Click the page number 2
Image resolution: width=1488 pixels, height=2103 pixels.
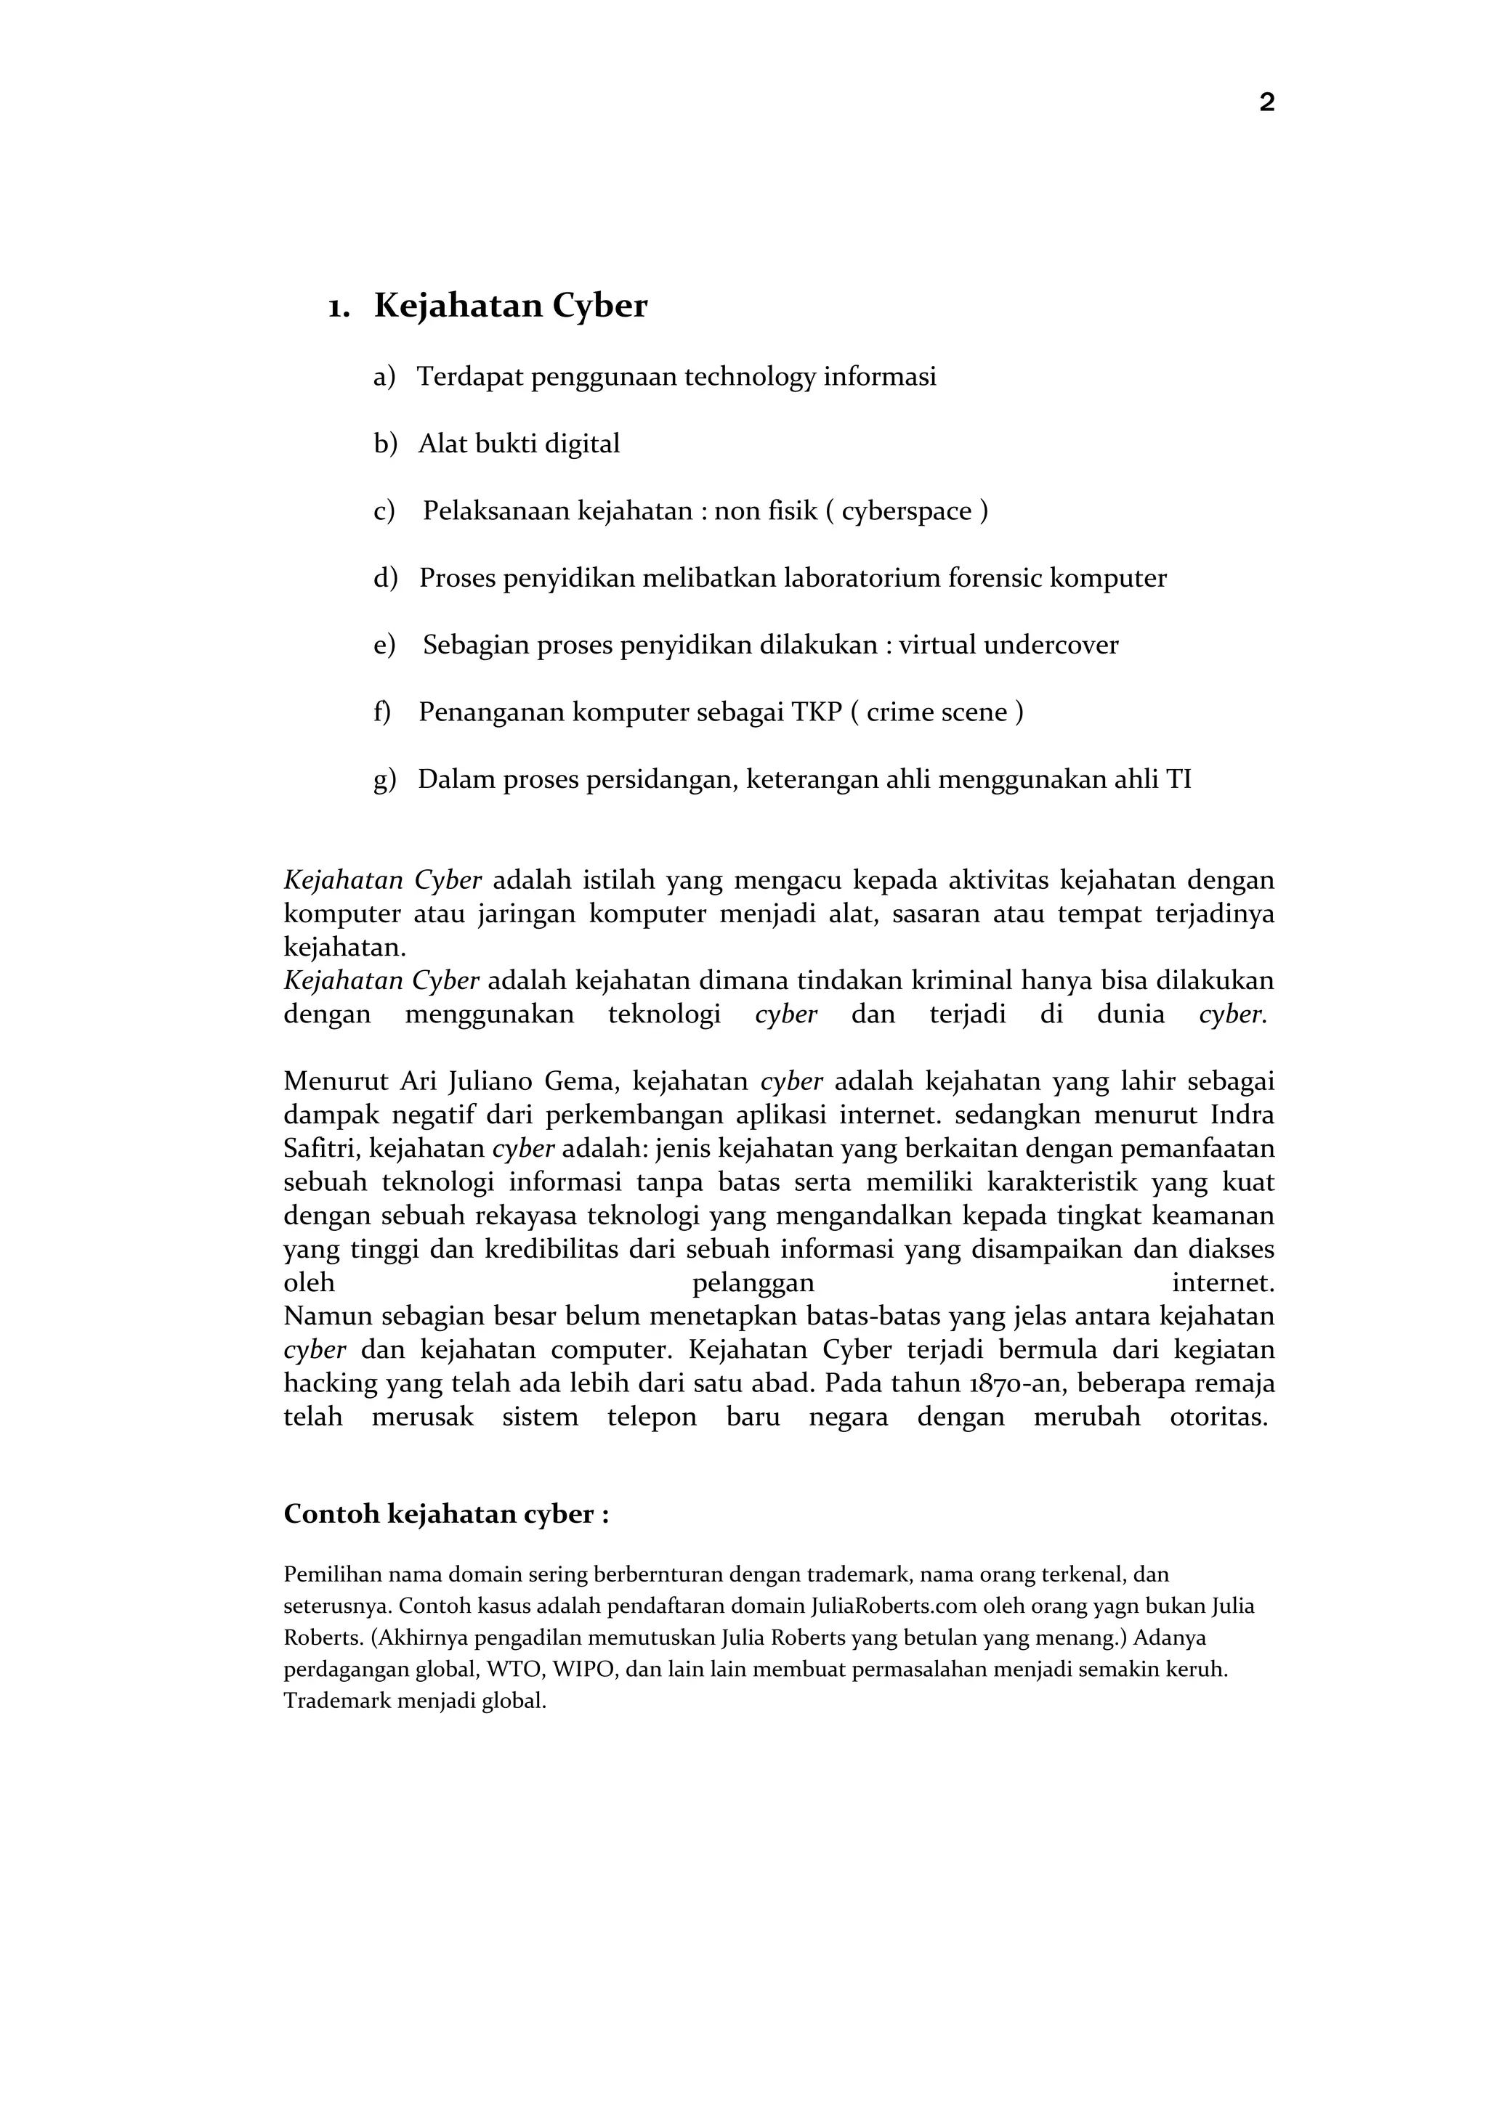1266,102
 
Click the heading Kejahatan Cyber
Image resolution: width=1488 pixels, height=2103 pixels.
510,306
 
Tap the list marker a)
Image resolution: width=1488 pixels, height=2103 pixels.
384,376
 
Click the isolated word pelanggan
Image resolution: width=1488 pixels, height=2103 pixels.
753,1282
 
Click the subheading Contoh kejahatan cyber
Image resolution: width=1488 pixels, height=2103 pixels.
446,1514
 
